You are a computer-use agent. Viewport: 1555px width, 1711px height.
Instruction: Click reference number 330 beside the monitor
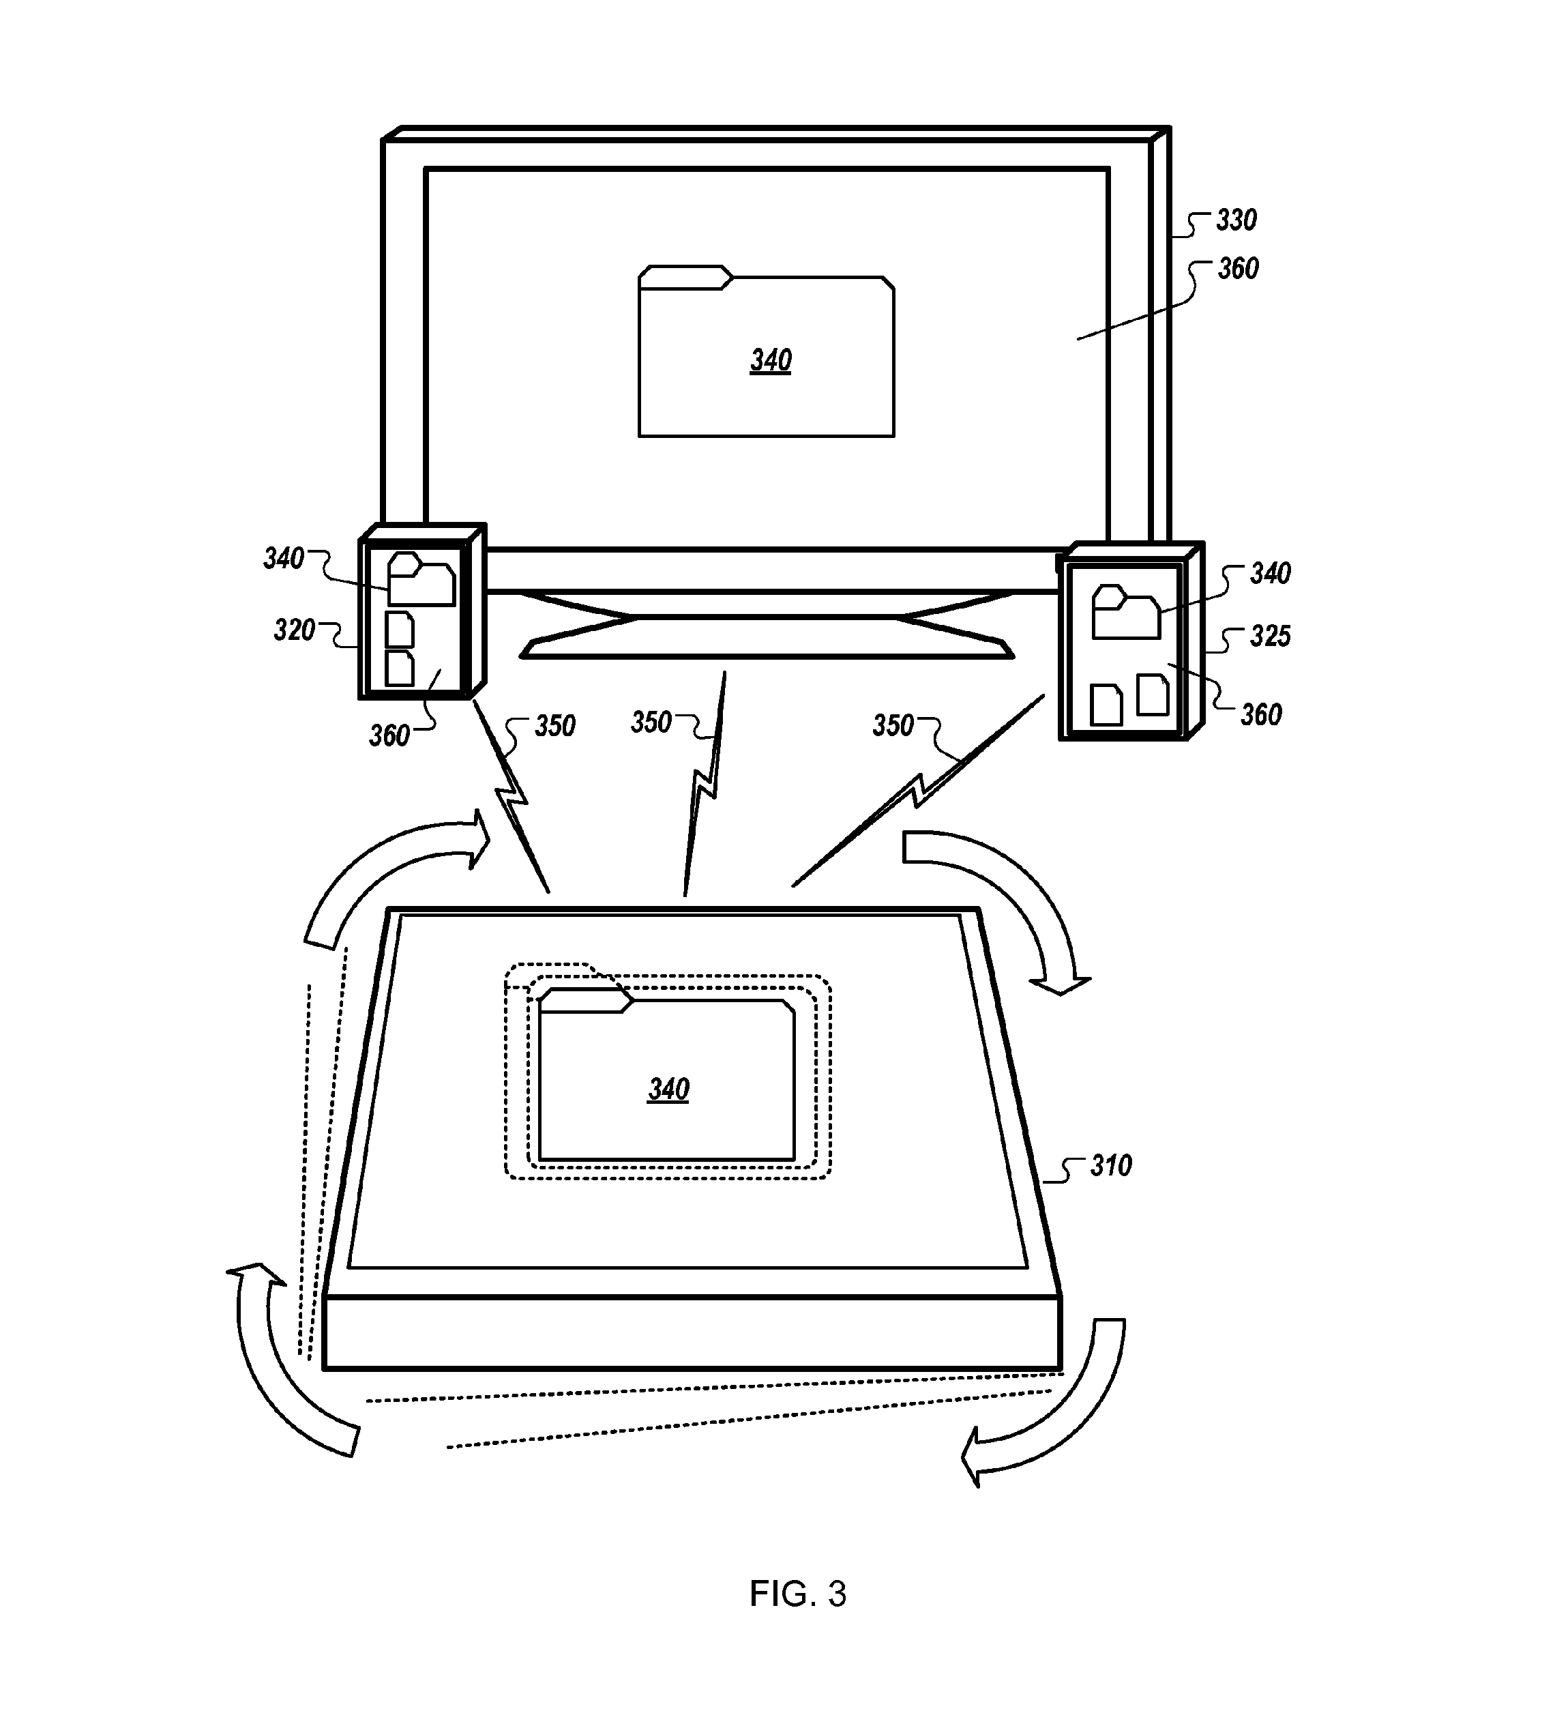[1236, 220]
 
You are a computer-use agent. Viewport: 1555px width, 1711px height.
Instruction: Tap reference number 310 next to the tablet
[1110, 1166]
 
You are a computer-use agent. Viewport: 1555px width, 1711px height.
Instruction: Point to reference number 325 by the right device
[1270, 637]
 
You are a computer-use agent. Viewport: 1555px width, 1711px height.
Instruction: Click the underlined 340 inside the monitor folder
[770, 361]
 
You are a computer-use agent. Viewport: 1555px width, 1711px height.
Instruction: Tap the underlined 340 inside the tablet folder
[668, 1089]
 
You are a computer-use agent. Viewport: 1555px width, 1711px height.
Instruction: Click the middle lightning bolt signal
[704, 785]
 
